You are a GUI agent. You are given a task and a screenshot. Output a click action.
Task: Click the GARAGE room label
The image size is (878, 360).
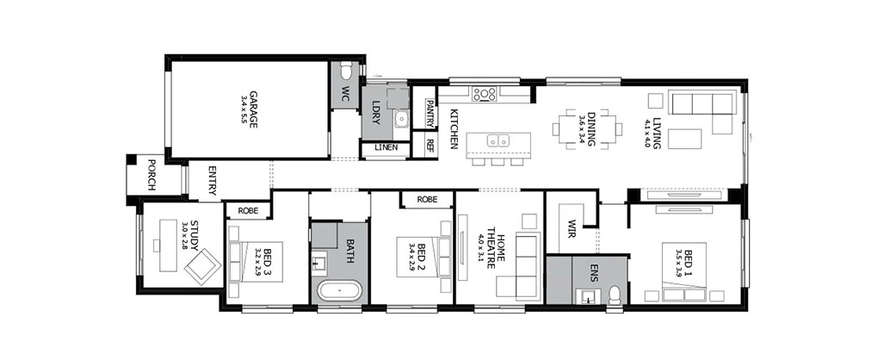(253, 109)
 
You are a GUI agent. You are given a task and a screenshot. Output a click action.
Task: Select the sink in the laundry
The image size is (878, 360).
(401, 118)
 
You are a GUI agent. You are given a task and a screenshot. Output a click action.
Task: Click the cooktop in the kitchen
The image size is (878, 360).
(485, 94)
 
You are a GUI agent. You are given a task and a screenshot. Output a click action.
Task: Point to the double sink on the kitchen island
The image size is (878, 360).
(498, 140)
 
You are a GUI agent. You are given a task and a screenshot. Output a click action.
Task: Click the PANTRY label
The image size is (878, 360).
(430, 114)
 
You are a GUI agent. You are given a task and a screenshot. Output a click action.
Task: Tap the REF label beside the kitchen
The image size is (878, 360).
(430, 146)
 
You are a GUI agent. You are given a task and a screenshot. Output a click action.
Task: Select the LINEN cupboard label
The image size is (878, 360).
(386, 148)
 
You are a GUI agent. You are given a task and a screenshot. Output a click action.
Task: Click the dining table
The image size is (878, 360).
(586, 129)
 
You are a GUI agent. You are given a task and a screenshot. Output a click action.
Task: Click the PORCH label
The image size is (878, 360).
(151, 175)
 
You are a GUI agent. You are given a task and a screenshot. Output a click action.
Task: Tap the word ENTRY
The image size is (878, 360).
(213, 180)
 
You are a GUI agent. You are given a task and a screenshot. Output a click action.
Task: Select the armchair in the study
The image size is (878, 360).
(202, 265)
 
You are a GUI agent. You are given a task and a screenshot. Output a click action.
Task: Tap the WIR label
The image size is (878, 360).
(572, 228)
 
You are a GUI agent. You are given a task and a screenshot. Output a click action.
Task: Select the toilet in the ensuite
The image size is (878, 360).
(615, 295)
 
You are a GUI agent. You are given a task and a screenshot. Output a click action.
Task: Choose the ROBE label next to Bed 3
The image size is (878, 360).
(248, 211)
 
